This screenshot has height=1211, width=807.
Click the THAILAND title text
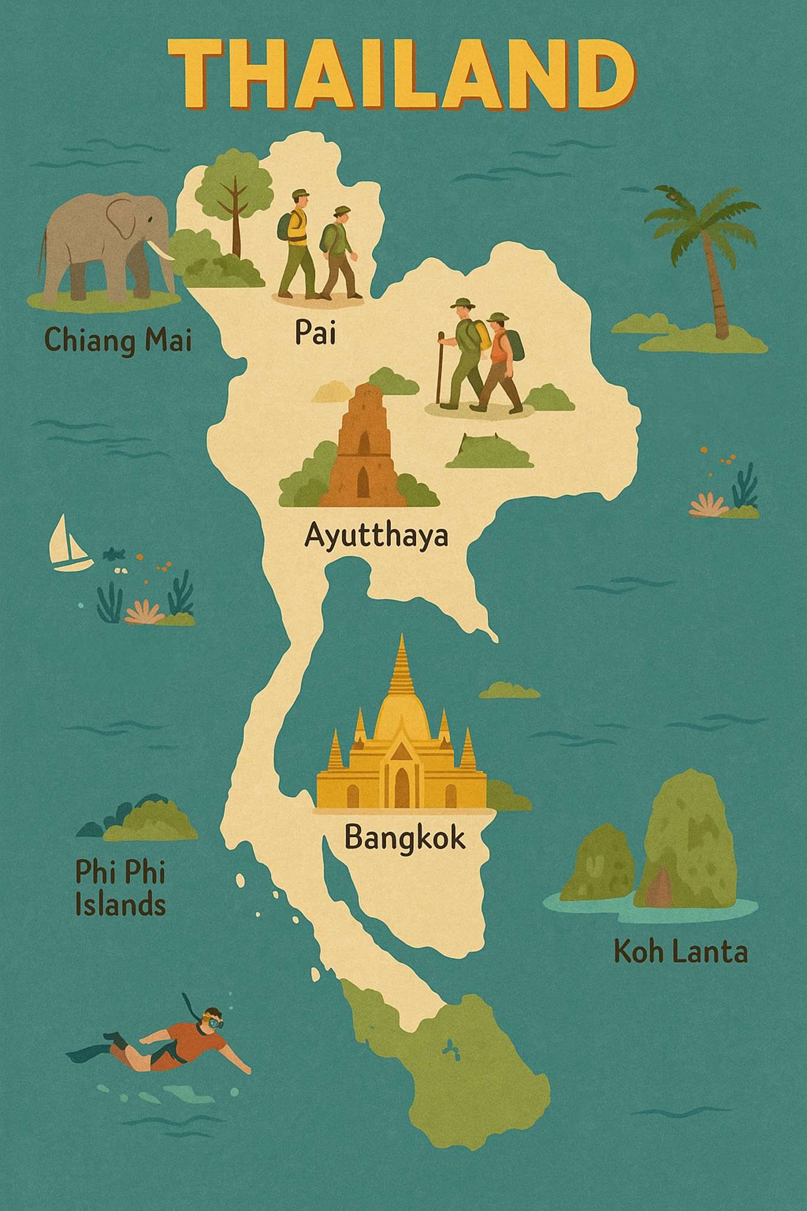click(x=403, y=74)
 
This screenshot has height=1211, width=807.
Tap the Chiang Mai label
click(x=118, y=341)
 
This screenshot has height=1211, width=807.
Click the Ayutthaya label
click(x=377, y=537)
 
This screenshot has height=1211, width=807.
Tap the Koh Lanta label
click(x=680, y=952)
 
